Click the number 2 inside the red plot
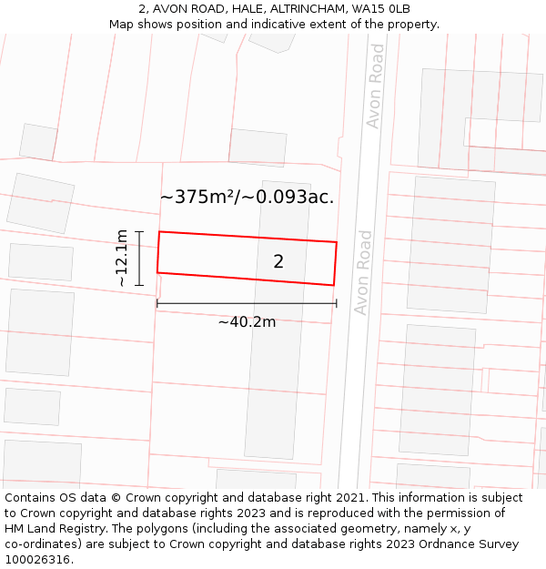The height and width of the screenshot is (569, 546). [278, 262]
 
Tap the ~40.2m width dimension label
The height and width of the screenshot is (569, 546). [247, 321]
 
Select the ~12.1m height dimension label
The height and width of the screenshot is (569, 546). [122, 259]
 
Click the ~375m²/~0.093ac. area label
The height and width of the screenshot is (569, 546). [247, 197]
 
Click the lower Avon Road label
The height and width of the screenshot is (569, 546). [363, 272]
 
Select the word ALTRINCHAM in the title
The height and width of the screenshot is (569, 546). [290, 9]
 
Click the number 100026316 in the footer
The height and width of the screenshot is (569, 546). [39, 559]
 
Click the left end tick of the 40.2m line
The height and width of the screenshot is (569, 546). [157, 303]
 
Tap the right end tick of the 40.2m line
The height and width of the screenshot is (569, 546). [336, 303]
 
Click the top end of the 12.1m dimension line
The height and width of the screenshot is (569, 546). [139, 232]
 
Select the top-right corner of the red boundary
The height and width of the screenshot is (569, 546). [337, 242]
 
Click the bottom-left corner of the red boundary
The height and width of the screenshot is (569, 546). [157, 271]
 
